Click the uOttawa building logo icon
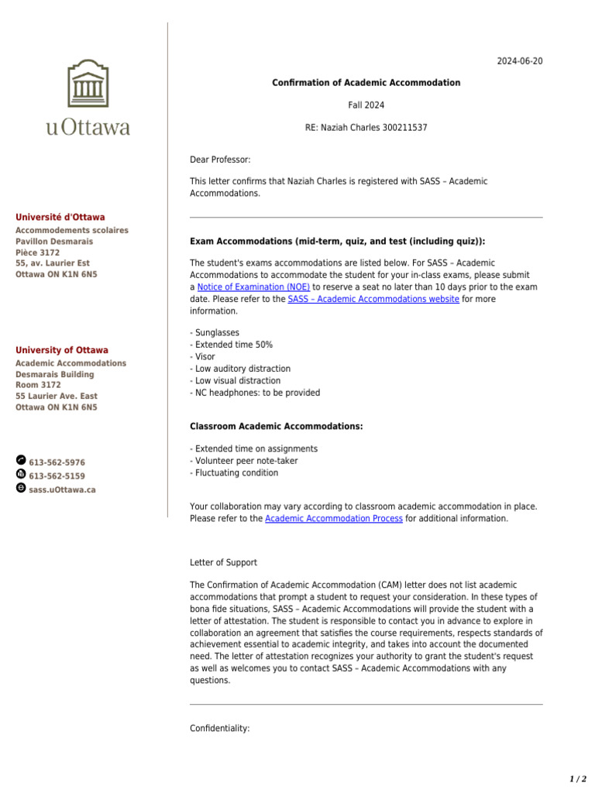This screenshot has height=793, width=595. (88, 85)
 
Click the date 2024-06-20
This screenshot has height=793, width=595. (520, 62)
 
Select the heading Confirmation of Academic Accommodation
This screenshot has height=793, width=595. (366, 83)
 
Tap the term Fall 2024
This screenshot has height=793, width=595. (366, 105)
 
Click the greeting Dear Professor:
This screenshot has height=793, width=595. (220, 160)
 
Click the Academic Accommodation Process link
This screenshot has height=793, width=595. (334, 519)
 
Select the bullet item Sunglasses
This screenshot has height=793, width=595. (217, 333)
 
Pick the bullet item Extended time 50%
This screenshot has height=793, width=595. (233, 345)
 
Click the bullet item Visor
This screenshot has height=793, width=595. (205, 357)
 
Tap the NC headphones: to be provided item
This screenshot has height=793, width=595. (256, 393)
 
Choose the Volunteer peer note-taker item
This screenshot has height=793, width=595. (246, 461)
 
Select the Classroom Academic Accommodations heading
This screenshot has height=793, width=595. (276, 427)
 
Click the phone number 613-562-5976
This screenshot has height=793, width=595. (57, 462)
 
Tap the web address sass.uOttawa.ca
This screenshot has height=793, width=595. (62, 490)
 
